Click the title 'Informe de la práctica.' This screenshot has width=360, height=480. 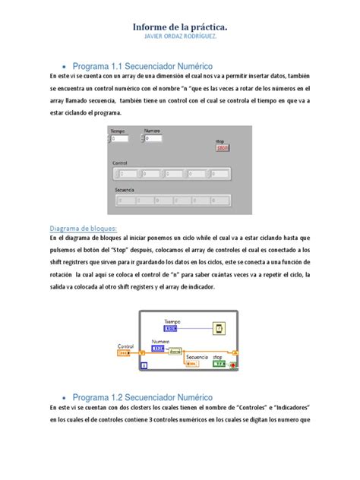180,27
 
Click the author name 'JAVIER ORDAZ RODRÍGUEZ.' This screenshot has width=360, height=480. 180,39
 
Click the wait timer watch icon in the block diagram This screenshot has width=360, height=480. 219,329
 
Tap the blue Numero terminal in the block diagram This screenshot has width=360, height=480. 160,349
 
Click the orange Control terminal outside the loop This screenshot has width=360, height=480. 125,353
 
